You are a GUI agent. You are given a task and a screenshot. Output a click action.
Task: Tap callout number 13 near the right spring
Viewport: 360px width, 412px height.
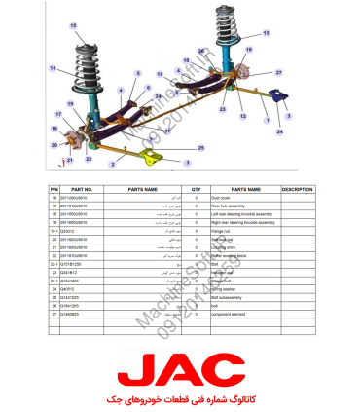pos(266,32)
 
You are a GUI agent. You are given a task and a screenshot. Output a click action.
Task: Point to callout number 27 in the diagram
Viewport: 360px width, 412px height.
pos(278,72)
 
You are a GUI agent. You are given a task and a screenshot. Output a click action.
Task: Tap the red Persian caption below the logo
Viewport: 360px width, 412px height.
pos(180,400)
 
